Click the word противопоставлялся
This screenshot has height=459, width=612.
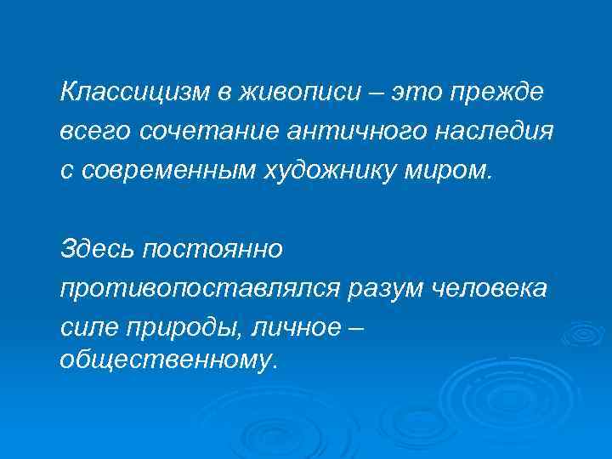[x=199, y=290]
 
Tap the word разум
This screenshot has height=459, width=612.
[x=383, y=290]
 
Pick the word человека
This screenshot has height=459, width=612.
[x=492, y=290]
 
